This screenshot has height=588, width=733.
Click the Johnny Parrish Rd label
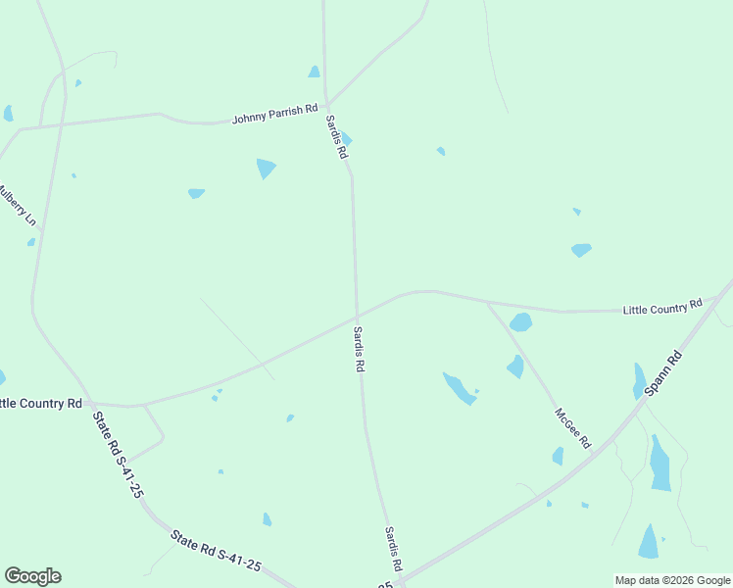[x=275, y=117]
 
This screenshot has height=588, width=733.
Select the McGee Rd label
[x=572, y=428]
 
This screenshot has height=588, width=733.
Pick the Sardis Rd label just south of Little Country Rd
[x=360, y=349]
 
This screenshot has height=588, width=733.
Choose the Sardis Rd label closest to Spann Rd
[x=392, y=550]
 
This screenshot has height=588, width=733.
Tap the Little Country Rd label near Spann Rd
[x=663, y=307]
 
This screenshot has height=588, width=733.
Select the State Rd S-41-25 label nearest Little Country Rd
[x=118, y=455]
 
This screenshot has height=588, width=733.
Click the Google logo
[x=32, y=576]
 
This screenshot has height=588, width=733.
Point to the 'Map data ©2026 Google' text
[x=672, y=580]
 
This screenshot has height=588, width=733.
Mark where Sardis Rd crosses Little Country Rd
[x=356, y=316]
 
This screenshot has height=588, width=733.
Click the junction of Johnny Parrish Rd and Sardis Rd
[x=327, y=105]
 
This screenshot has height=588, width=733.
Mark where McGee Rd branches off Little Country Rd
[x=487, y=302]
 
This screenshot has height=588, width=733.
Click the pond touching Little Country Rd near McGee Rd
[x=520, y=321]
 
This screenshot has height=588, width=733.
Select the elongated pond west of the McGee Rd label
[x=458, y=388]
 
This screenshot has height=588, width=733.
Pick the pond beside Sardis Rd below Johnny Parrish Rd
[x=345, y=139]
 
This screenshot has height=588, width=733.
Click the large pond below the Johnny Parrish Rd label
[x=266, y=169]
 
